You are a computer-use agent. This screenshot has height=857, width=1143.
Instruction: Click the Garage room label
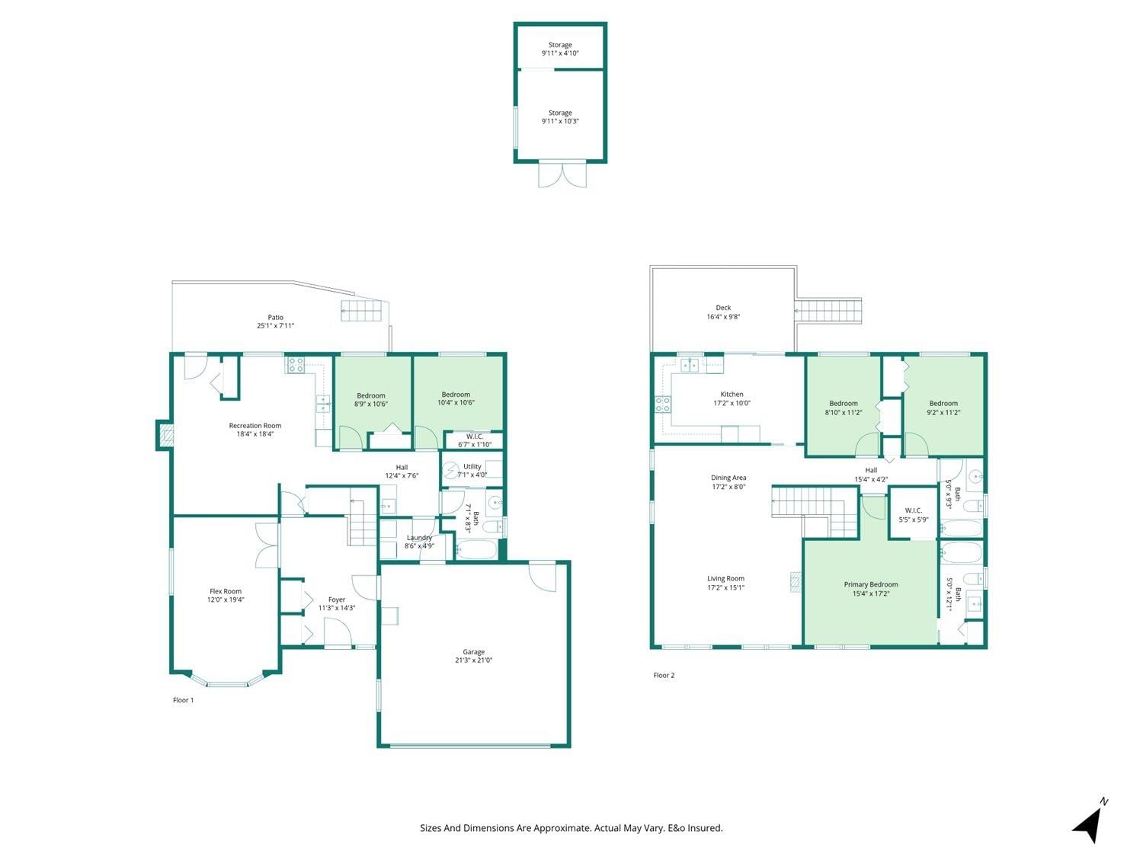pos(473,651)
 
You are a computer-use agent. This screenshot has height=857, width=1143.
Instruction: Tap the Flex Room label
pos(226,591)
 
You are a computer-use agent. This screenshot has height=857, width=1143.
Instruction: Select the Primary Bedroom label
pos(871,584)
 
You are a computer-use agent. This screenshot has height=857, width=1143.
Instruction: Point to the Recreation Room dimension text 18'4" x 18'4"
pos(255,433)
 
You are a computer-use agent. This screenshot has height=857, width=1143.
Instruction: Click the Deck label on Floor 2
pos(723,308)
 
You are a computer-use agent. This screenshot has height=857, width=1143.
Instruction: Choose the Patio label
pos(276,317)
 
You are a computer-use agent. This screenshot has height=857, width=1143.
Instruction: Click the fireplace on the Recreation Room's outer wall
pos(165,435)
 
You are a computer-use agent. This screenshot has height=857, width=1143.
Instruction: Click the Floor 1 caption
pos(183,700)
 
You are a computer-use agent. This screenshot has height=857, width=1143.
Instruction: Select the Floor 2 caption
pos(664,675)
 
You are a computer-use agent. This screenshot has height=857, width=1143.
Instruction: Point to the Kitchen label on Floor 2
pos(732,394)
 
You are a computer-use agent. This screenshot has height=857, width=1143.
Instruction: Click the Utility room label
pos(472,466)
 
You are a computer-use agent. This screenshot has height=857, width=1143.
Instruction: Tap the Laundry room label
pos(419,538)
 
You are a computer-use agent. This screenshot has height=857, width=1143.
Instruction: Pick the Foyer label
pos(336,600)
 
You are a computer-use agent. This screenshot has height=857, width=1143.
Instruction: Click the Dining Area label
pos(728,477)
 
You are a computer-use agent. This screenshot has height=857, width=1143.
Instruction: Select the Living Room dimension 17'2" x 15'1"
pos(725,587)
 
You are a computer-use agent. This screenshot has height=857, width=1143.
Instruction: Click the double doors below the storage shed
pos(562,174)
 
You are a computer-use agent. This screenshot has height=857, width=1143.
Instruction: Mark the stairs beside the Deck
pos(828,310)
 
